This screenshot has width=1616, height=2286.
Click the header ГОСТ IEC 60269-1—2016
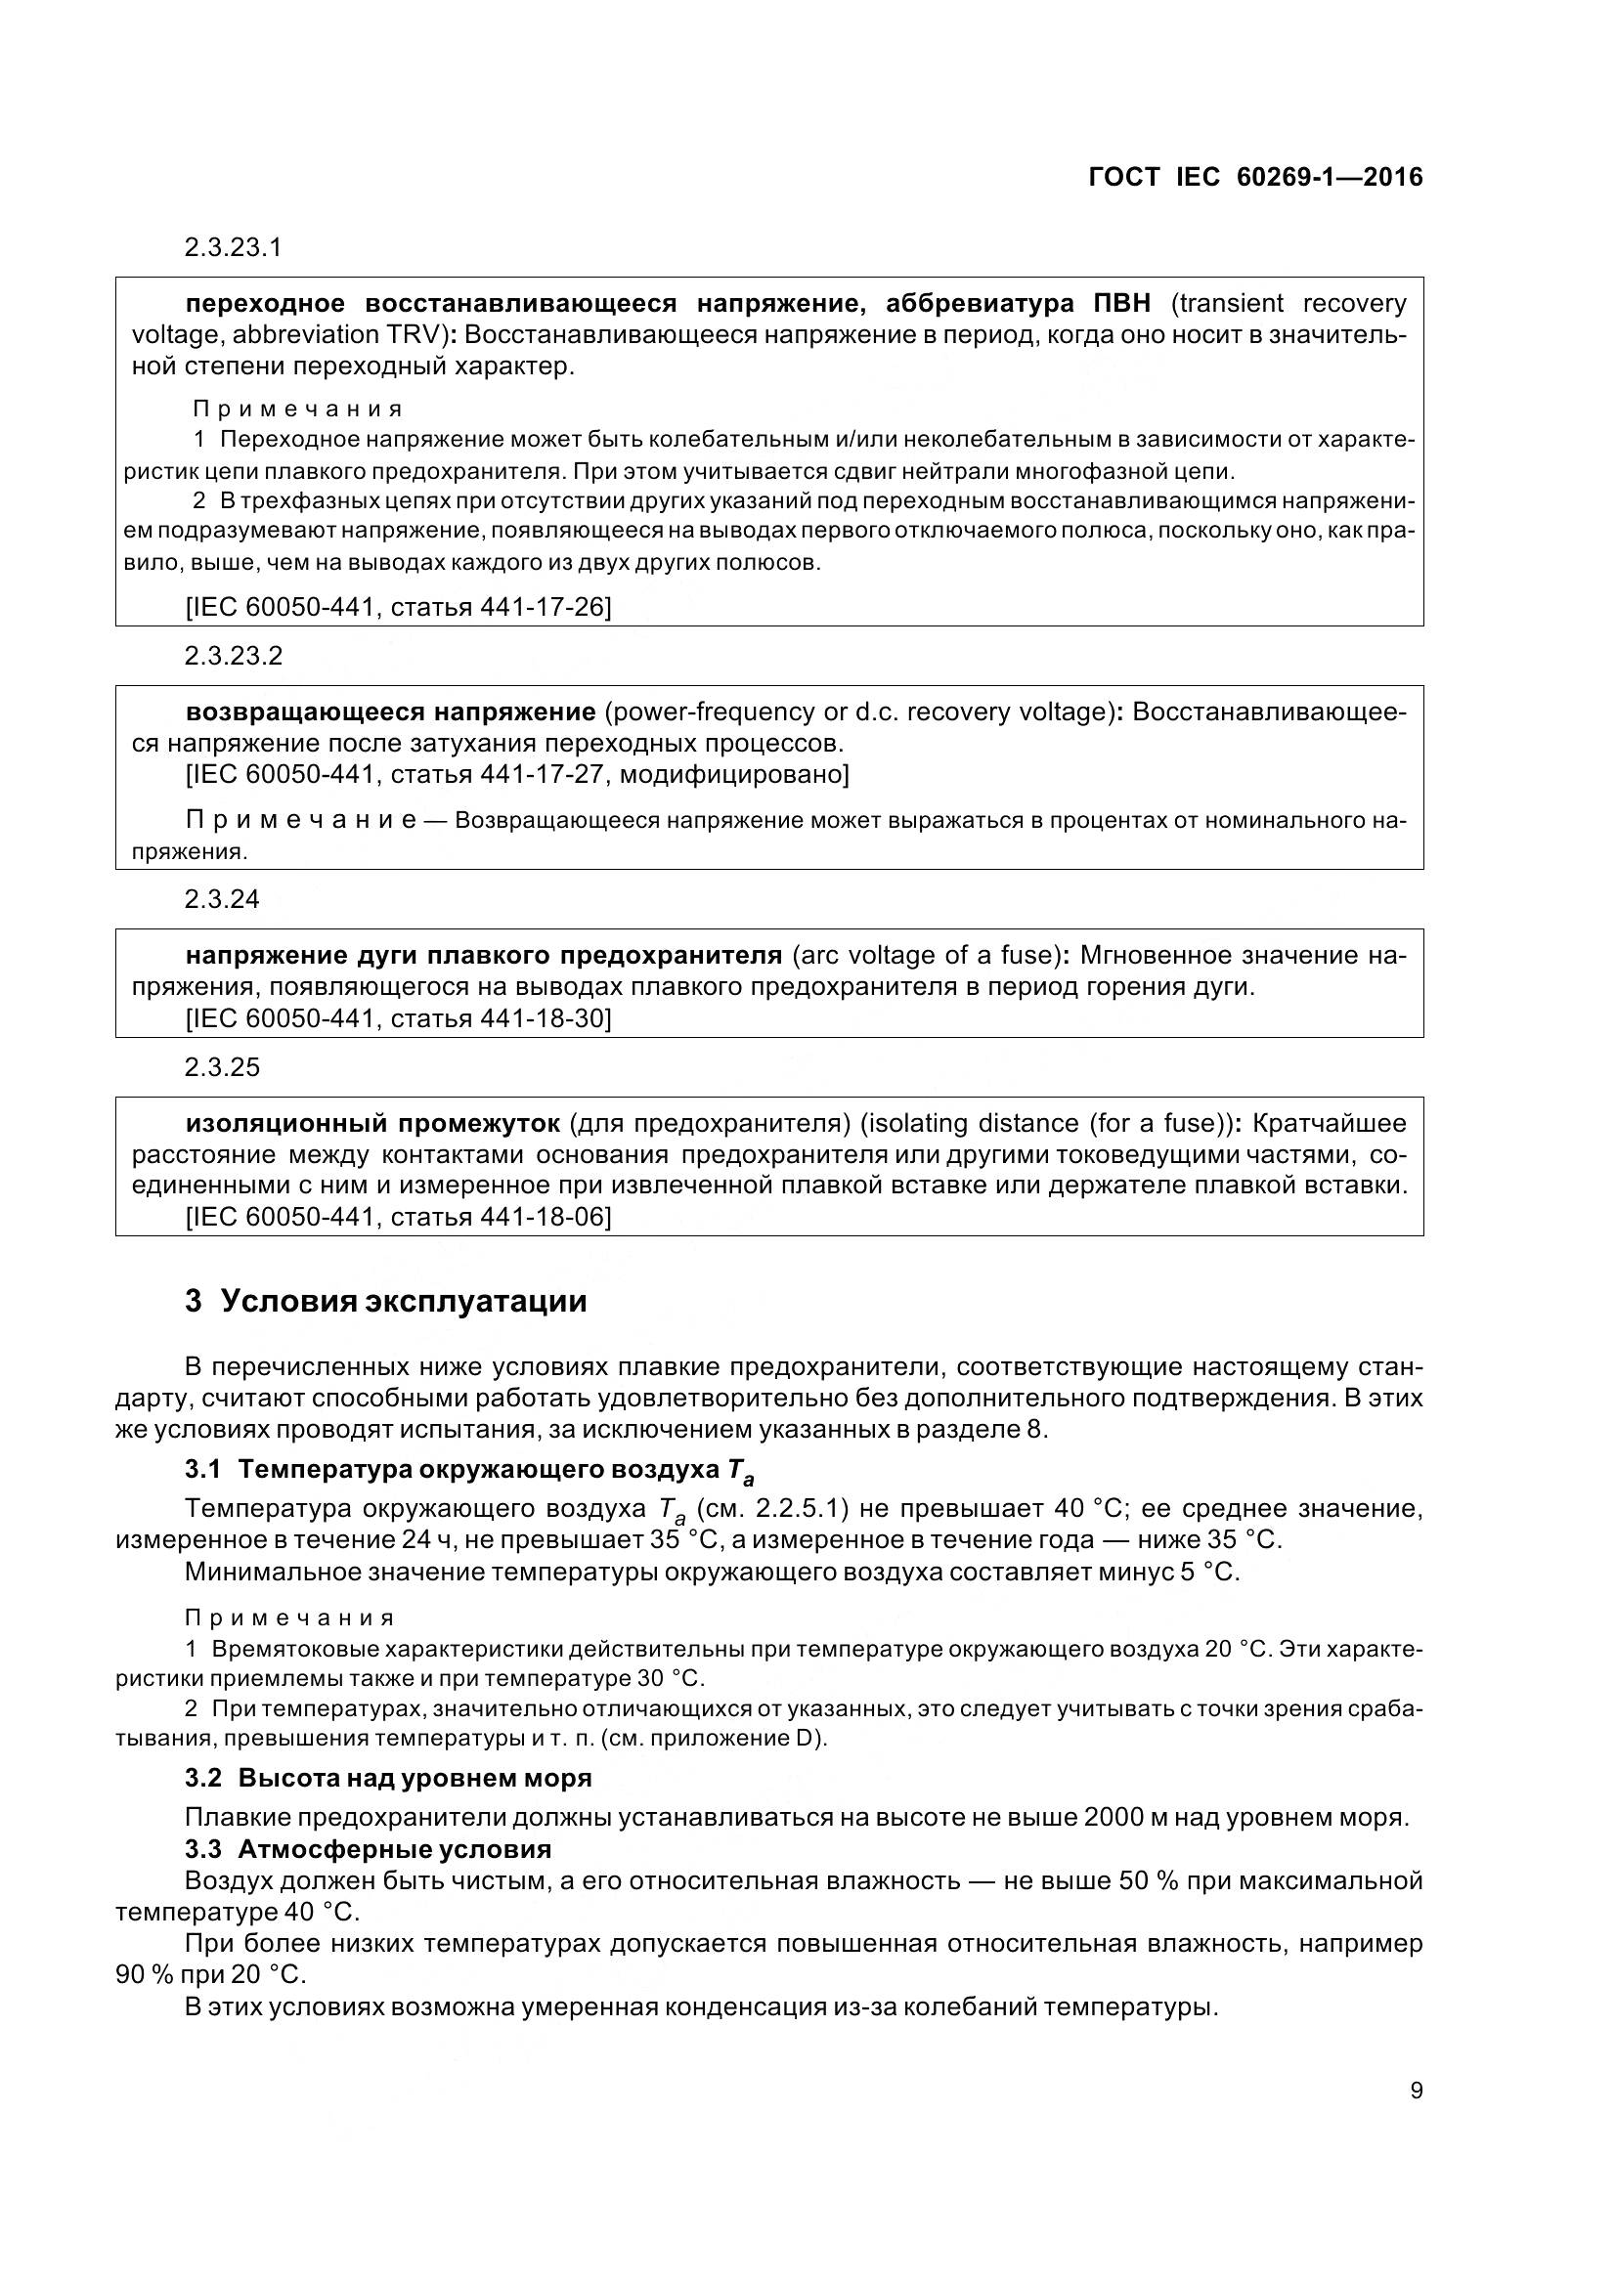1255,177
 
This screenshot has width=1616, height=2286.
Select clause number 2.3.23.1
233,247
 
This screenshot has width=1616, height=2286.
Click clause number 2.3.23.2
233,655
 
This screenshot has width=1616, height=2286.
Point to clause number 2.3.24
221,899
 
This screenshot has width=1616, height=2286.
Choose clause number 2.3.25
221,1067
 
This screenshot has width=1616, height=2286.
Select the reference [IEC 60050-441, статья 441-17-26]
398,605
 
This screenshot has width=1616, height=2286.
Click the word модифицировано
733,774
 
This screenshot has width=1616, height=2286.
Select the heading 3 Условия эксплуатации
385,1301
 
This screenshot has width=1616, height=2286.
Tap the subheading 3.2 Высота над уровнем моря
388,1777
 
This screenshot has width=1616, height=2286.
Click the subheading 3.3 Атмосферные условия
369,1849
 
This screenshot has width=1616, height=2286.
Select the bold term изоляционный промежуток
373,1123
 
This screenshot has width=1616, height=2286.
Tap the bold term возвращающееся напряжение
390,712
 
